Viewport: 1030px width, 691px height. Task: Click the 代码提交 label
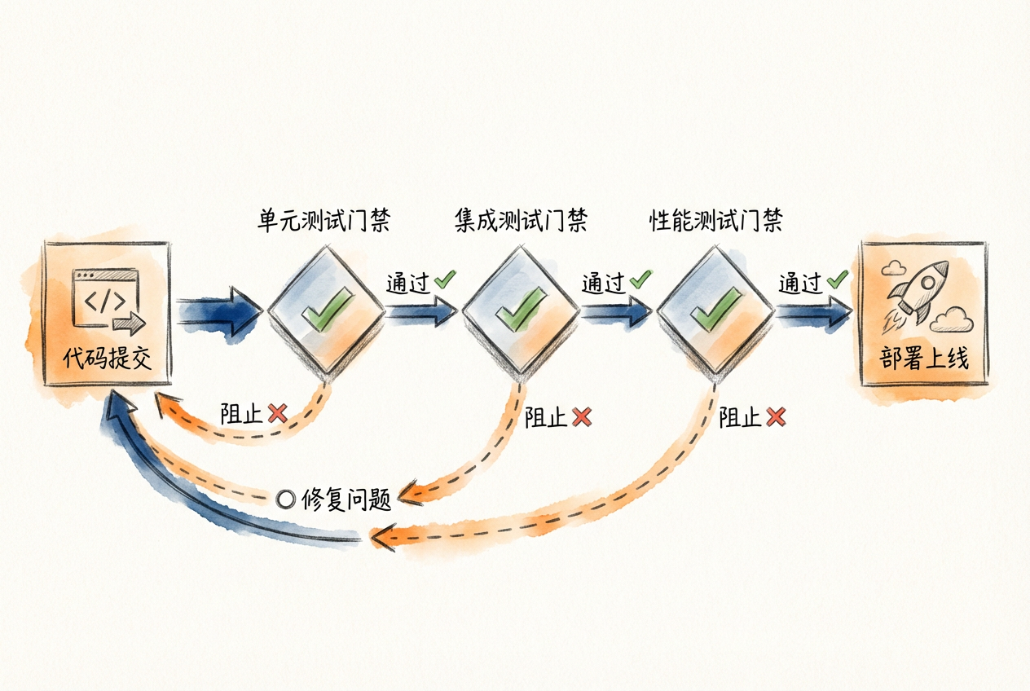108,359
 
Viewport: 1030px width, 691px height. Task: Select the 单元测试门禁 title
323,221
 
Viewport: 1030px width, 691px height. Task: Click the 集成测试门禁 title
520,221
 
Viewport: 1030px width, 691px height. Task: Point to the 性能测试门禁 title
715,221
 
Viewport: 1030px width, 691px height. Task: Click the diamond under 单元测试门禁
326,312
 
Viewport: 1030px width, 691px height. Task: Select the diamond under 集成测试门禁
520,312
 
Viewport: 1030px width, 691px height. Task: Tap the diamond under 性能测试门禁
715,312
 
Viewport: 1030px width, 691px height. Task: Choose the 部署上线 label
924,359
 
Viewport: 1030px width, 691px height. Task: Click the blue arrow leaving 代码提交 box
216,311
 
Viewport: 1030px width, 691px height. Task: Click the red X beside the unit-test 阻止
277,414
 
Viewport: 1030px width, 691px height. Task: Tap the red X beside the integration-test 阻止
581,418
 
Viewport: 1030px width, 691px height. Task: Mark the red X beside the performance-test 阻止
776,418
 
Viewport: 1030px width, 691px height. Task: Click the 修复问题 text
346,499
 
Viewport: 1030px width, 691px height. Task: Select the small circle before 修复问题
285,500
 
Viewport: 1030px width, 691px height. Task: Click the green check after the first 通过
444,280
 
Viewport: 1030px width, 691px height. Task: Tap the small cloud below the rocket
951,321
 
